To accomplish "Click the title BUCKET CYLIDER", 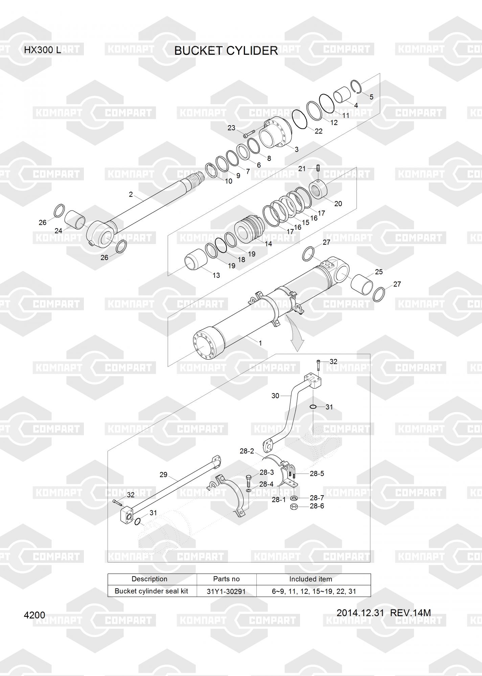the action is coord(226,51).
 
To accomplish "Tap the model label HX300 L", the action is coord(43,50).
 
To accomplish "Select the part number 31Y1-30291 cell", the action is coord(226,591).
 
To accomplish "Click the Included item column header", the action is coord(311,579).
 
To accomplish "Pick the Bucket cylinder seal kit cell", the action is coord(151,591).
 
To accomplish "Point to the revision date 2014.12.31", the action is coord(360,613).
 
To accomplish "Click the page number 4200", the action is coord(35,615).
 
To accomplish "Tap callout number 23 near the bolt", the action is coord(231,128).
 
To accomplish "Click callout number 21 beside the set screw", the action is coord(302,169).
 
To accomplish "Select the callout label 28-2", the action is coord(247,451).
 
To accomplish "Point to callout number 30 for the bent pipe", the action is coord(275,395).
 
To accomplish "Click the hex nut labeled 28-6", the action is coord(294,506).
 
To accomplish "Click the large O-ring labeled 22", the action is coord(299,119).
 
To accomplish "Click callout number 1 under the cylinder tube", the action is coord(260,343).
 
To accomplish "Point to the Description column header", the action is coord(150,579).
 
